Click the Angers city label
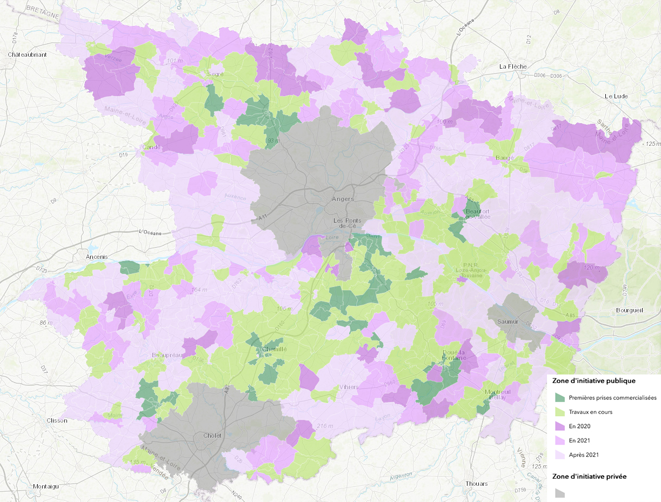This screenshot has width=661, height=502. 343,199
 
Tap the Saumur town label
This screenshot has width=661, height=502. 508,322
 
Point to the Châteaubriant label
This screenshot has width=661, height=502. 28,55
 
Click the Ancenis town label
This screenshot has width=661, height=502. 97,256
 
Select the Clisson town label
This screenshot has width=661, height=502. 57,420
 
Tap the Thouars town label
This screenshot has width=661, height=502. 476,484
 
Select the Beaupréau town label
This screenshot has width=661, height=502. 166,356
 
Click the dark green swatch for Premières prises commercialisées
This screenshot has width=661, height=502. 560,398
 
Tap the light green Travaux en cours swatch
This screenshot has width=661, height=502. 560,412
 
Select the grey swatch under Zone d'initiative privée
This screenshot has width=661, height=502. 560,493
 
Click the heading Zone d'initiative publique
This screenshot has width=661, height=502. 593,380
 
